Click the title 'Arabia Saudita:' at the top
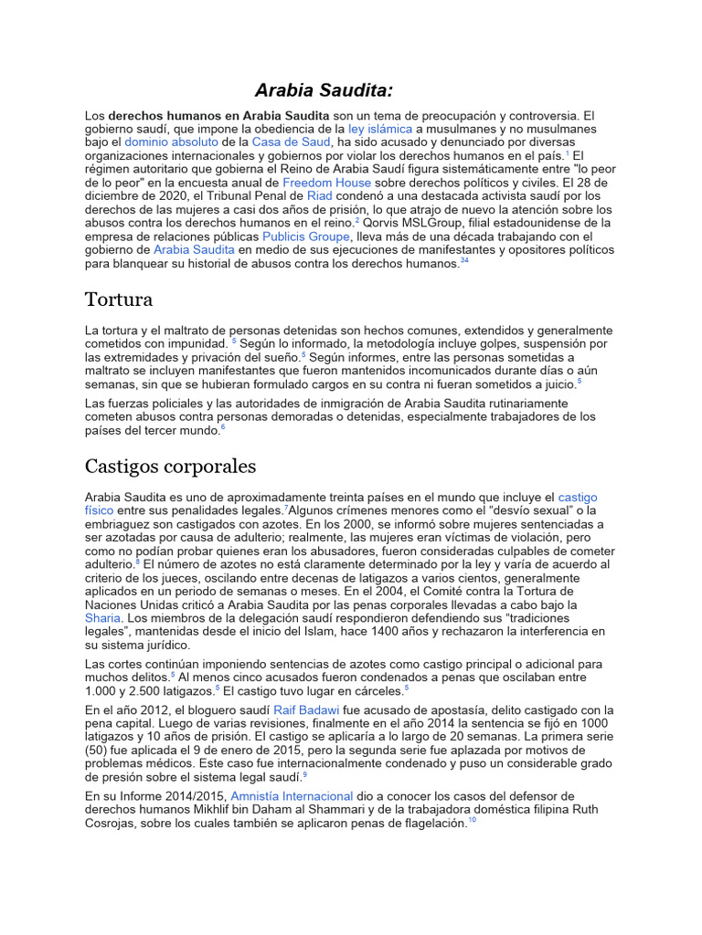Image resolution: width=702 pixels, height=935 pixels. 324,89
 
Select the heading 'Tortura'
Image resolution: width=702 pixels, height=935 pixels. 118,299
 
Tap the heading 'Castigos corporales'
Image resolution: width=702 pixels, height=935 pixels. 170,467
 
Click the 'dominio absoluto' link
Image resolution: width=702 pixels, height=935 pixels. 171,142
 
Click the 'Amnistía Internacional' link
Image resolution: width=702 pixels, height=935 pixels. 292,796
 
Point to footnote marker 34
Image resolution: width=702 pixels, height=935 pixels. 464,261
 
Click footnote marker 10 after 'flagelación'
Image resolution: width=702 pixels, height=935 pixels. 472,821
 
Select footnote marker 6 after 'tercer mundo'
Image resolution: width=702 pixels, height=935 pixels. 223,427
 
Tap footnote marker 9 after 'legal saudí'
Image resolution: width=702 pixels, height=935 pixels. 304,774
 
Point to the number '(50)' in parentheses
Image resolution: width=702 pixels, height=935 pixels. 98,751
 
